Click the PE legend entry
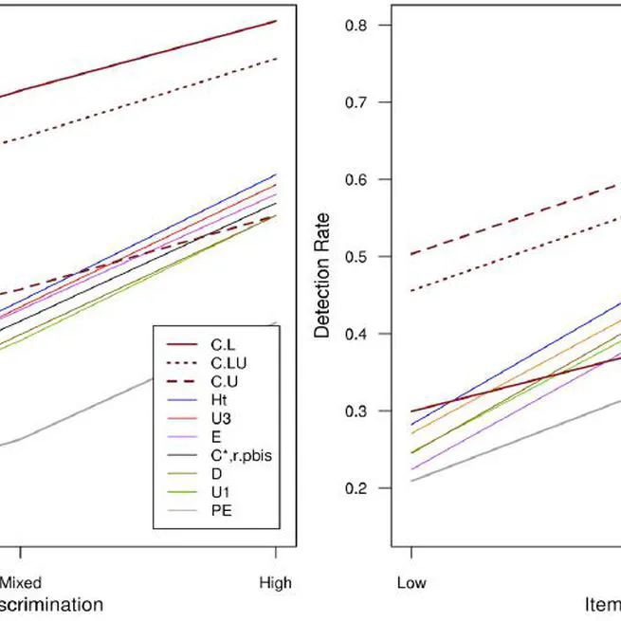219,510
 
